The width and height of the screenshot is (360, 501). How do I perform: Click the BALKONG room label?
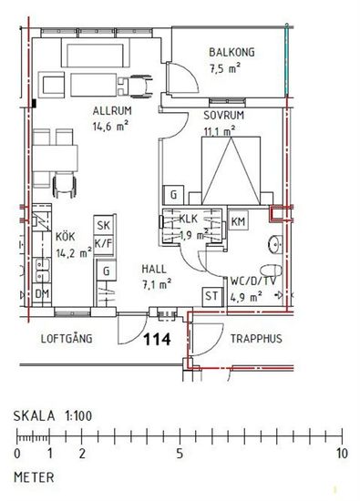[x=231, y=52]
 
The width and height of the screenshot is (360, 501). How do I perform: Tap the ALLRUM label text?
[x=112, y=111]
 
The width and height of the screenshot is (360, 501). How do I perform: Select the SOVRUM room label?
[x=224, y=116]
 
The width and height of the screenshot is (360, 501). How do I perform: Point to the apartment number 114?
[x=157, y=339]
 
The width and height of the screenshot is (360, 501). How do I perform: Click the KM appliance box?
[x=238, y=221]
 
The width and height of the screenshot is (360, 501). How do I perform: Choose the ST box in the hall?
[x=212, y=297]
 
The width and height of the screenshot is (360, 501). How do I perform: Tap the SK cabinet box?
[x=103, y=225]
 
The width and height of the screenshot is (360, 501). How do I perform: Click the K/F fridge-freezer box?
[x=104, y=244]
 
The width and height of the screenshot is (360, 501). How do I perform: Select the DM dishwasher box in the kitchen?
[x=42, y=294]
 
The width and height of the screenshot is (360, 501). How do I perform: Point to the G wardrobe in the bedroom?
[x=173, y=195]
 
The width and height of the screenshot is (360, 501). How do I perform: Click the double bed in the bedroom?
[x=231, y=170]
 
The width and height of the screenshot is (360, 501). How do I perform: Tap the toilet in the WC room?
[x=271, y=271]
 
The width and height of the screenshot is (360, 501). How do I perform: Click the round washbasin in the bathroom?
[x=275, y=244]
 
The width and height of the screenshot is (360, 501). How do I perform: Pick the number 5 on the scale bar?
[x=180, y=454]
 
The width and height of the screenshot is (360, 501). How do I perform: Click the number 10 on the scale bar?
[x=341, y=454]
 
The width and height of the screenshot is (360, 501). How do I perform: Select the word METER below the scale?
[x=34, y=477]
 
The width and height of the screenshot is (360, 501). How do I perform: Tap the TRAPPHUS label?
[x=256, y=339]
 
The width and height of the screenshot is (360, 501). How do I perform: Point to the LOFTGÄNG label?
[x=67, y=338]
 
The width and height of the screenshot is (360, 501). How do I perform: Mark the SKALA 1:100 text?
[x=53, y=416]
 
